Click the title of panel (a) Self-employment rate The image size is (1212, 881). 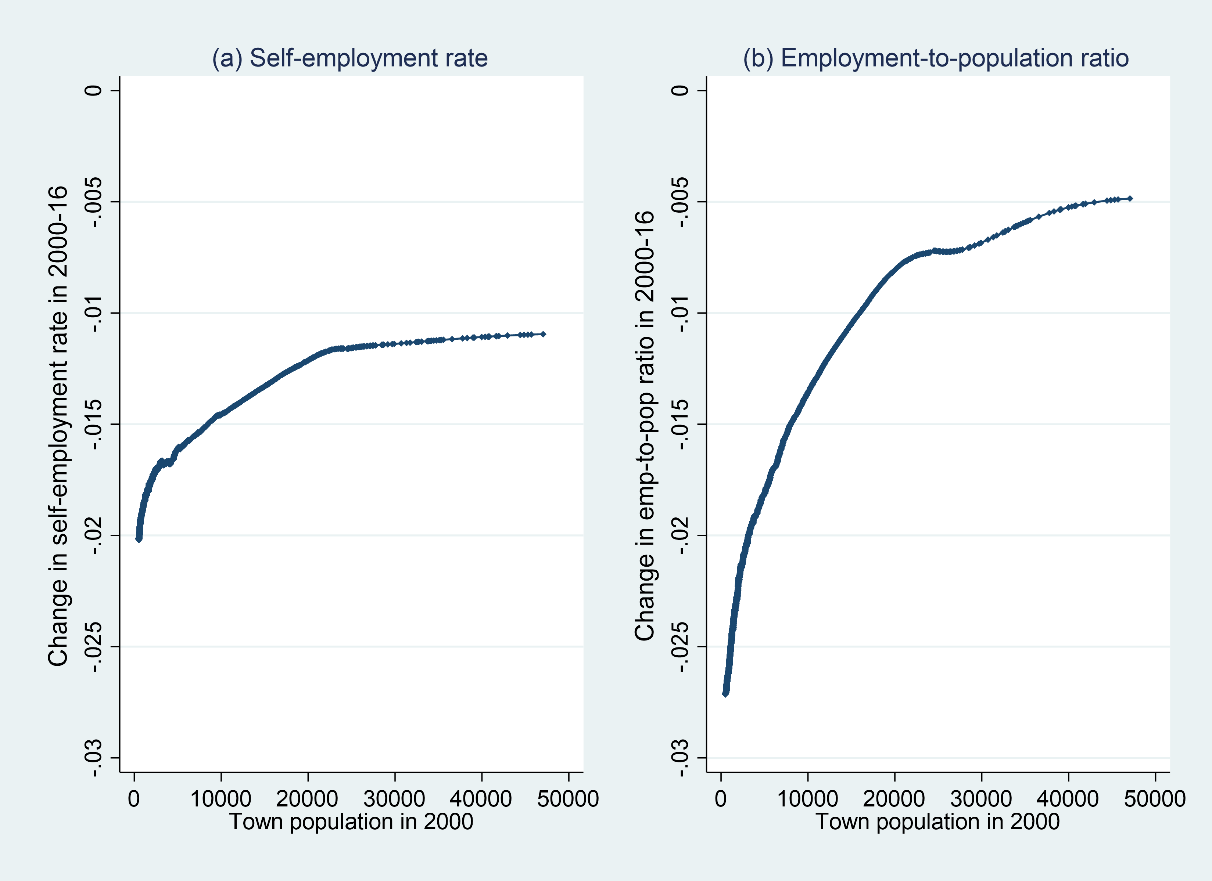[x=349, y=58]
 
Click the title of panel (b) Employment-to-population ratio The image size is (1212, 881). [x=936, y=58]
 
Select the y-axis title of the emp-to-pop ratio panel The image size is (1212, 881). [x=645, y=426]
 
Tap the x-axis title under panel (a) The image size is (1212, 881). [x=351, y=821]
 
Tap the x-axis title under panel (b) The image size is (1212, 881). [x=937, y=821]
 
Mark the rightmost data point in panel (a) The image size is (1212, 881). [x=543, y=334]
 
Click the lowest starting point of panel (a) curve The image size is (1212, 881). [x=139, y=539]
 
